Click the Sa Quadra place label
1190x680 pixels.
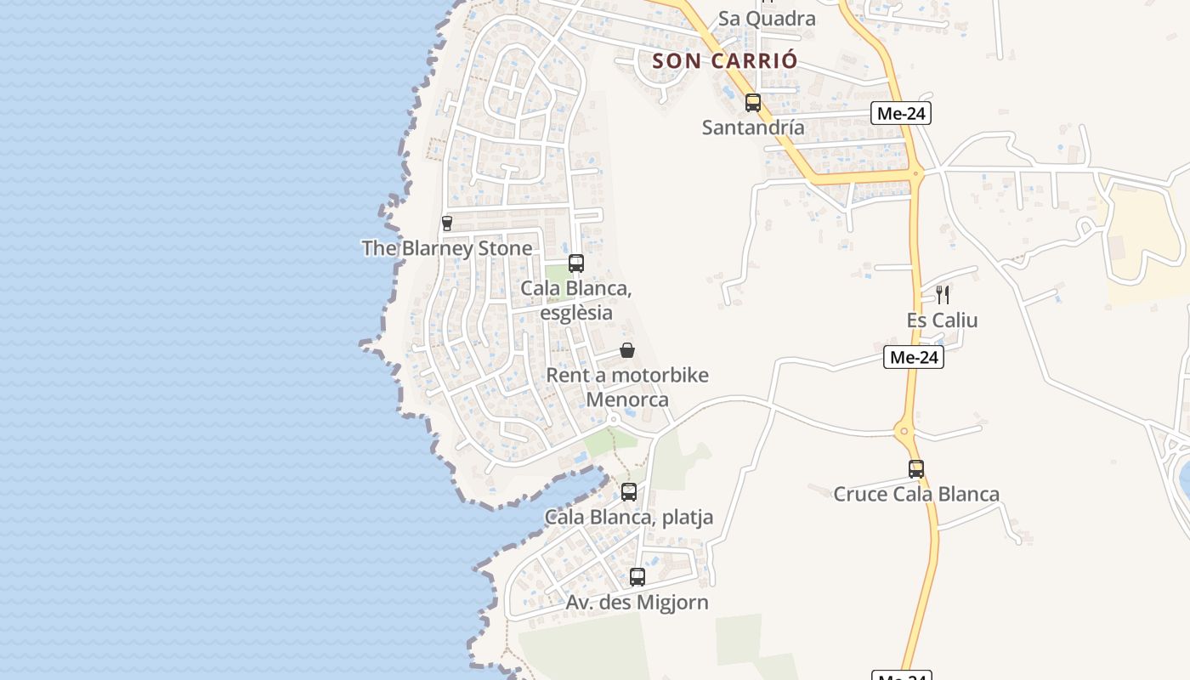click(767, 19)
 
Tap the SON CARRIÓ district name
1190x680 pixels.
click(725, 61)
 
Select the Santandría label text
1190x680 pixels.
click(753, 127)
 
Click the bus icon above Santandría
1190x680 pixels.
click(753, 103)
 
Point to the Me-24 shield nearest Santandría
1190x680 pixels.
click(901, 113)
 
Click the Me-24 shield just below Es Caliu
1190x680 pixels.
click(914, 357)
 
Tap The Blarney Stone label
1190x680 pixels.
click(447, 248)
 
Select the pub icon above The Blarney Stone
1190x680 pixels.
click(447, 224)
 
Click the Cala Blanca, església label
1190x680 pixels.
click(576, 300)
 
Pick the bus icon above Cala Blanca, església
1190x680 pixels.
click(576, 263)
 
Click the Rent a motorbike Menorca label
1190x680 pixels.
click(627, 387)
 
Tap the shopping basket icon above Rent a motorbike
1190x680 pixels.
click(627, 350)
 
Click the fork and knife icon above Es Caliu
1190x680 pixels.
click(942, 295)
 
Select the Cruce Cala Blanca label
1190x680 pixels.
click(916, 494)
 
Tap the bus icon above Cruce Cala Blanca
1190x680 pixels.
click(916, 468)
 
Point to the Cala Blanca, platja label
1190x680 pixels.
click(629, 517)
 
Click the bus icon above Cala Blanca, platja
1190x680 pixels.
click(629, 491)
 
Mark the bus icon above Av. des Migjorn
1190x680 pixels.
click(637, 577)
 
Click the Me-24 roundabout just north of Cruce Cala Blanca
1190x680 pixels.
click(904, 431)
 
